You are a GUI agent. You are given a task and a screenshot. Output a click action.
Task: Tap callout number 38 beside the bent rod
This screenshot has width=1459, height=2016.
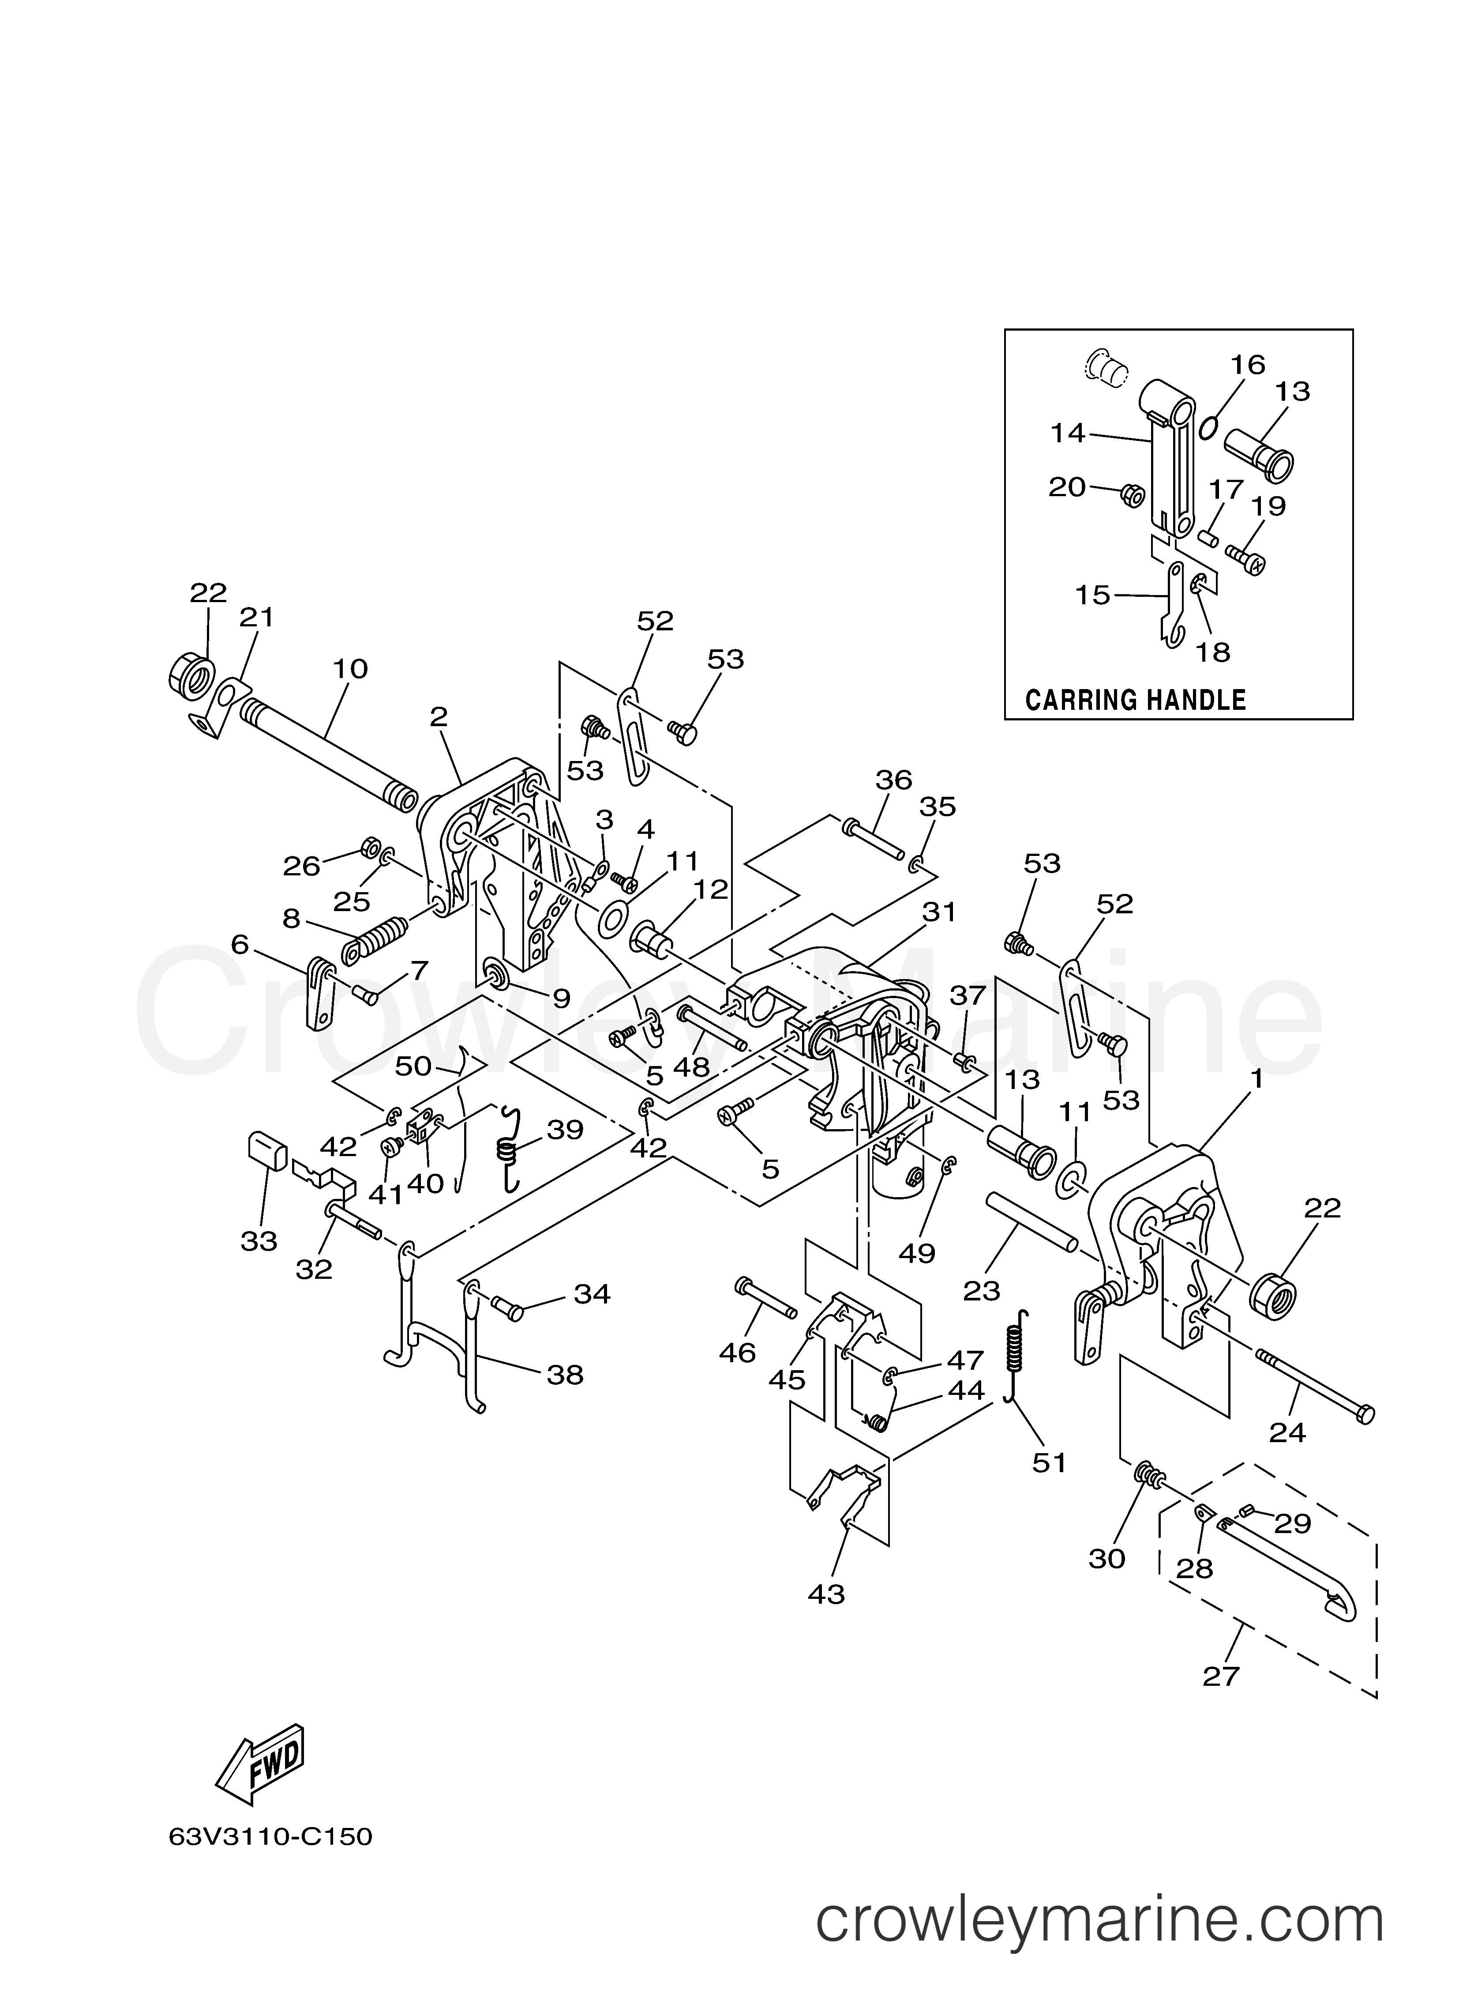[565, 1375]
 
